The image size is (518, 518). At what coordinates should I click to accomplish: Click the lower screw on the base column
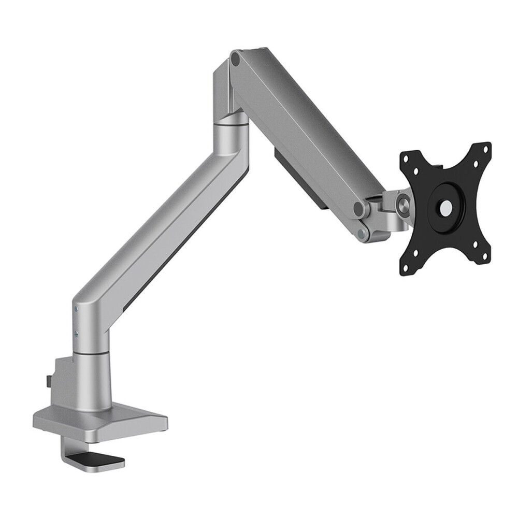pyautogui.click(x=77, y=334)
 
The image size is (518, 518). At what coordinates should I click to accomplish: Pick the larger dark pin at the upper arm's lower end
pyautogui.click(x=358, y=209)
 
